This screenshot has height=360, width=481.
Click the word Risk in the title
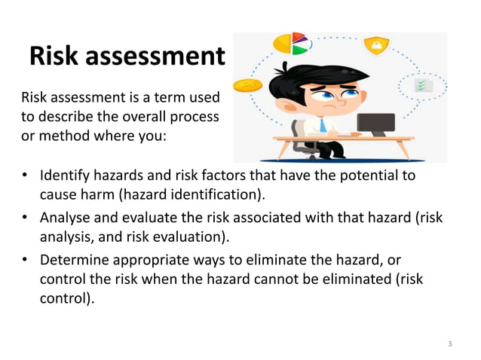[x=54, y=56]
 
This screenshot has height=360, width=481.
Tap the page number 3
[x=450, y=344]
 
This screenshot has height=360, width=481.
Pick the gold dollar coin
[x=246, y=87]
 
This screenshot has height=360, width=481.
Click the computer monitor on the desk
[x=375, y=124]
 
